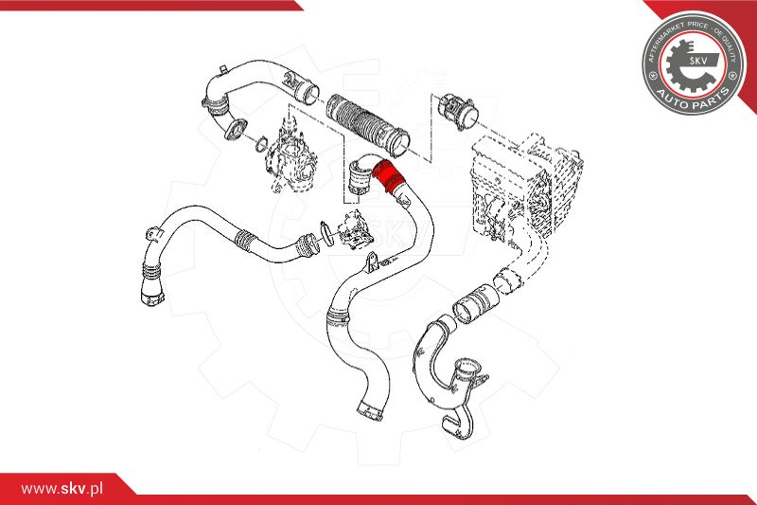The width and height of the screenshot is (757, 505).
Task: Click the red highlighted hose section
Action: pos(386,174)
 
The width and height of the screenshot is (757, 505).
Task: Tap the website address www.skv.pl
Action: pos(62,487)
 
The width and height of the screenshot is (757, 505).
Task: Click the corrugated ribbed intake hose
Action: pos(365,122)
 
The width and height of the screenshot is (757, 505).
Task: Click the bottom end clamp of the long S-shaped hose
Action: pos(371,410)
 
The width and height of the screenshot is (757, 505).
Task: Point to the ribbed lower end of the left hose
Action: pos(149,284)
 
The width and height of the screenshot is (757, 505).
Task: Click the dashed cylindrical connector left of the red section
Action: pos(359,176)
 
